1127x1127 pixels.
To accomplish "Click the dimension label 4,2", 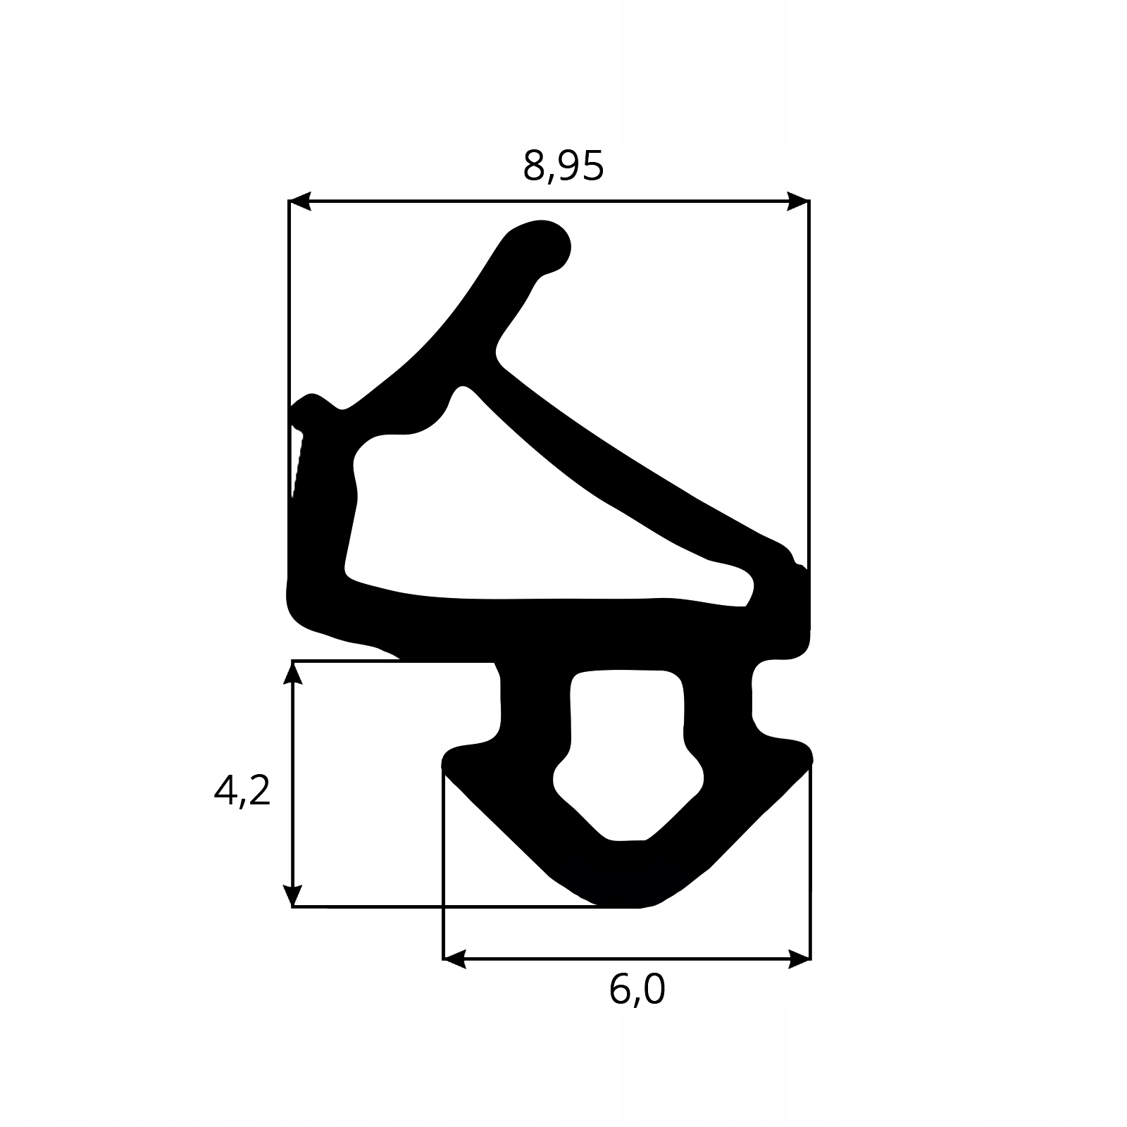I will click(x=242, y=792).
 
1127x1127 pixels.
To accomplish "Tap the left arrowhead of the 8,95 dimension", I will click(x=299, y=201).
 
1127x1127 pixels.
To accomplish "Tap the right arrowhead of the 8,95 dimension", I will click(x=799, y=201).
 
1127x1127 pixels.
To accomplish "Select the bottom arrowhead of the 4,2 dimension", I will click(x=292, y=896).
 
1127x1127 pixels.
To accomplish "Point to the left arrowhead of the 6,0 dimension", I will click(x=454, y=959).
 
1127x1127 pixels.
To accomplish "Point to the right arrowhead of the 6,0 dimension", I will click(x=800, y=959).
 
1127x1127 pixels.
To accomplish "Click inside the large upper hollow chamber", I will click(x=493, y=535).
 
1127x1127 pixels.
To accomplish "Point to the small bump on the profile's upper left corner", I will click(x=310, y=403).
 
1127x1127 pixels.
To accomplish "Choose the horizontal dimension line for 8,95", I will click(x=549, y=201).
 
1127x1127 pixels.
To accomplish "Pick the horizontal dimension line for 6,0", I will click(x=627, y=959).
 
